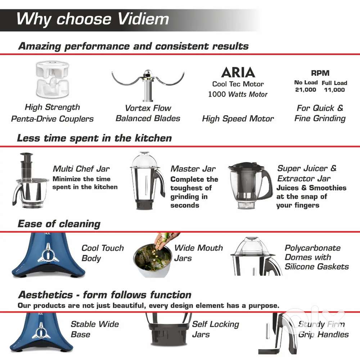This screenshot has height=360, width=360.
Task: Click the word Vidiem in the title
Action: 143,19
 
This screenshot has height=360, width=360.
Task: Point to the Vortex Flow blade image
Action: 148,85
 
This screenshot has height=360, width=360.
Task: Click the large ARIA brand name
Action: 238,72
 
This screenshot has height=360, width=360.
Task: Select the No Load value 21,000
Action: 306,90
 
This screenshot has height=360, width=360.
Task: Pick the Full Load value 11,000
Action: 334,90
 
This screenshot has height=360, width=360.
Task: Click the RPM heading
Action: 320,73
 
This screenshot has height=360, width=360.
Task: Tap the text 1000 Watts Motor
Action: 238,94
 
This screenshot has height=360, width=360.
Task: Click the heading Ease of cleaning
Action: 59,224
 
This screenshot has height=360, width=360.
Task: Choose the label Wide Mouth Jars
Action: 198,253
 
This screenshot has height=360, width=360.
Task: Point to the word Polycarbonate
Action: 312,248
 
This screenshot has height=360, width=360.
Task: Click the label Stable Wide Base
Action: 95,329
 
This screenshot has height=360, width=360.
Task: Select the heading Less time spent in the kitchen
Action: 94,138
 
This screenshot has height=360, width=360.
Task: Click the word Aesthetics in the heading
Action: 45,295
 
